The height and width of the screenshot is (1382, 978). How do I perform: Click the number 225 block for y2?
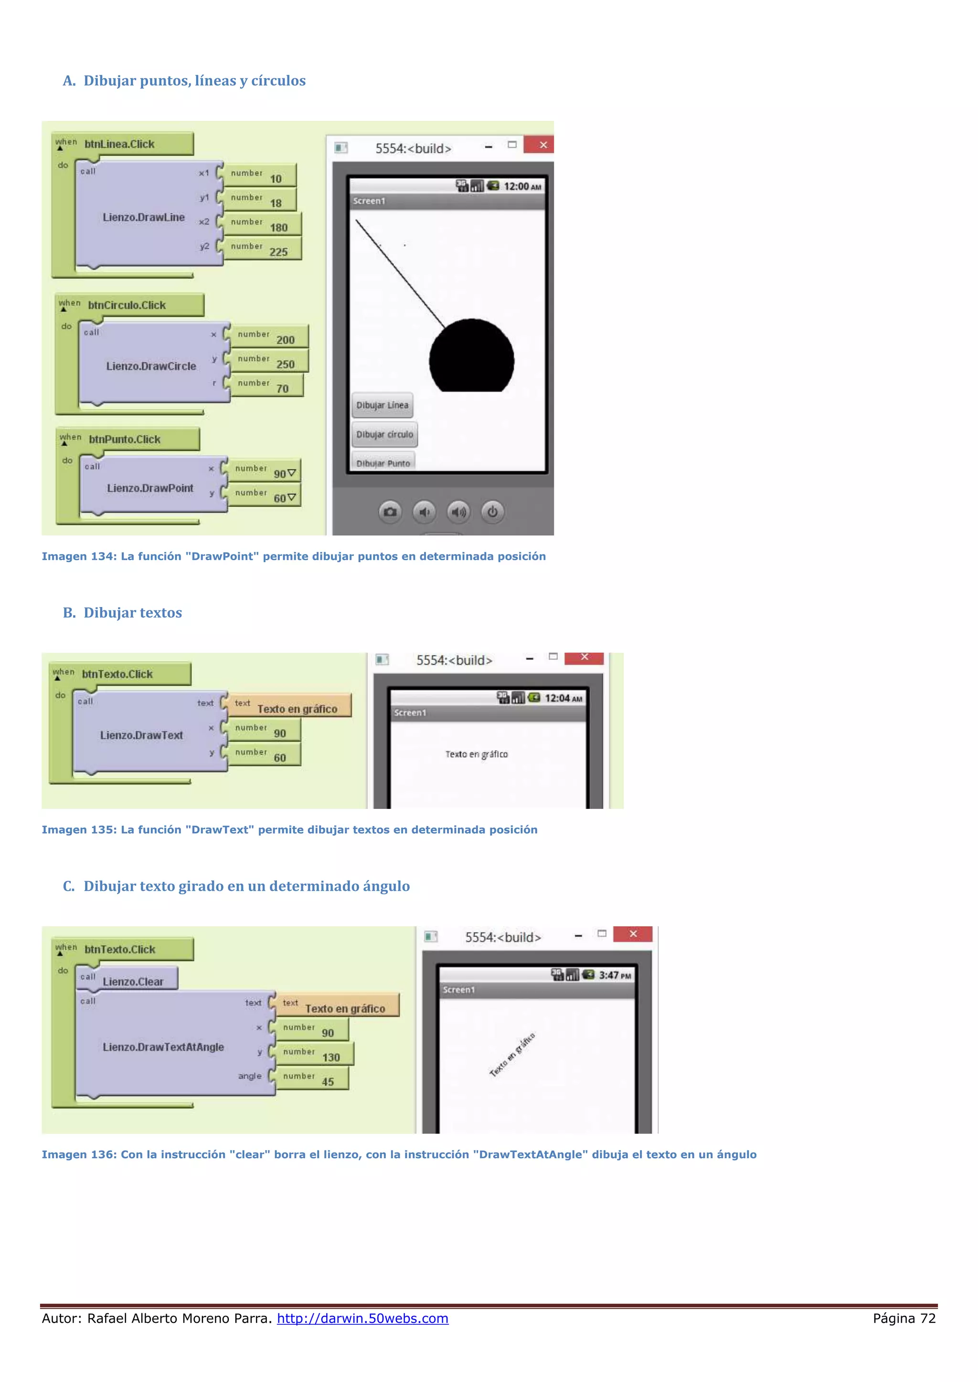pos(262,249)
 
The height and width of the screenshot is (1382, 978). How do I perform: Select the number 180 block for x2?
pos(262,224)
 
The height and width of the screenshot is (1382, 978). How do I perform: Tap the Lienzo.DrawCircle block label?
pos(151,366)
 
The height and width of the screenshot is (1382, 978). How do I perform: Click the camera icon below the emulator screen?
pos(390,512)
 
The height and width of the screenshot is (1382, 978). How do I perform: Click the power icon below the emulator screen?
pos(493,512)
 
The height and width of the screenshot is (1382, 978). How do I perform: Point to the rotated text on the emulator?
pos(512,1055)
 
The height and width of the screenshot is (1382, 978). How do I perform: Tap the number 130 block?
pos(314,1054)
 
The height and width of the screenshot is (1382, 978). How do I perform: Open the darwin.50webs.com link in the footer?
pos(362,1318)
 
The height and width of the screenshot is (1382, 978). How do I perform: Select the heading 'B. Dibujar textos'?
pos(122,613)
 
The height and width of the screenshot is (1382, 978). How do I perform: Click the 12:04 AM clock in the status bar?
pos(563,698)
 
